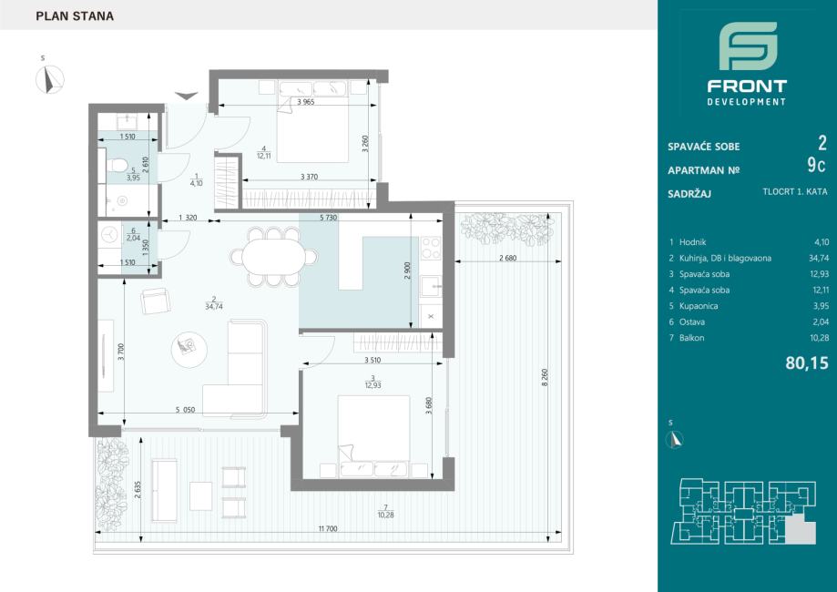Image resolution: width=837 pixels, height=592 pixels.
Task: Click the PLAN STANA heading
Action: click(x=75, y=16)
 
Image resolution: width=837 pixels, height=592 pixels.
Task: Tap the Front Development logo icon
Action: click(x=748, y=46)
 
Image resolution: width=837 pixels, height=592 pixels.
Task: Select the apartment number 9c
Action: click(x=816, y=166)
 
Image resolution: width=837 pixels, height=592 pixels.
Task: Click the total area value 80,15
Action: click(x=807, y=363)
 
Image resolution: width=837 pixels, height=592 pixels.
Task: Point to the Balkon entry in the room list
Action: click(x=691, y=338)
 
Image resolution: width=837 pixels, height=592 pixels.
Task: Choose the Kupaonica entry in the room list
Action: click(x=699, y=306)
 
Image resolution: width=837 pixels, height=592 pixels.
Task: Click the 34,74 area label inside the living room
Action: click(x=213, y=307)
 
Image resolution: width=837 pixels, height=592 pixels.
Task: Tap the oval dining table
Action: click(x=273, y=257)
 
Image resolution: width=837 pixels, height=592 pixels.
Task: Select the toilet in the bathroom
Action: click(x=116, y=165)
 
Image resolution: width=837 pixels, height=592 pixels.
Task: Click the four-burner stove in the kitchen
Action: click(x=432, y=248)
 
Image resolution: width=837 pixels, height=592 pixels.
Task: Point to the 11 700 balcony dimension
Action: click(x=328, y=529)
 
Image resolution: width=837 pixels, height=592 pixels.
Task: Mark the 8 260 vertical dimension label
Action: click(x=545, y=377)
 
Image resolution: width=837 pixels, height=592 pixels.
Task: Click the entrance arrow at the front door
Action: click(x=187, y=97)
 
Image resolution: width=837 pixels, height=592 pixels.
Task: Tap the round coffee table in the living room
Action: click(x=189, y=350)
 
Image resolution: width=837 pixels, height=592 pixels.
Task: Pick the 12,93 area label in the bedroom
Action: click(x=373, y=385)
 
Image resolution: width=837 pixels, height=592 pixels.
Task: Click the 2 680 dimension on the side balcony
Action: click(x=507, y=258)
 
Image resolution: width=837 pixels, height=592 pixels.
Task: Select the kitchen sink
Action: click(x=430, y=286)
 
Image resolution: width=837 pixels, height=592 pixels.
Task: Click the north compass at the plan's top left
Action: click(x=50, y=80)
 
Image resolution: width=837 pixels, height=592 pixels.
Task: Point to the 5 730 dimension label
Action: click(x=328, y=218)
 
